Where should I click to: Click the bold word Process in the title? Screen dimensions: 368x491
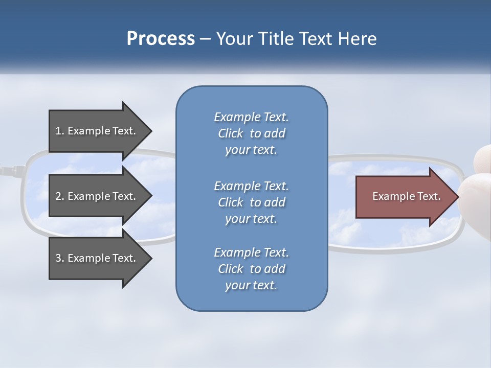click(x=161, y=39)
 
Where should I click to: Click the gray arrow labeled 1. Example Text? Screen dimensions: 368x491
click(x=97, y=131)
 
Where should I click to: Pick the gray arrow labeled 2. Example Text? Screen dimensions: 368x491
click(x=97, y=196)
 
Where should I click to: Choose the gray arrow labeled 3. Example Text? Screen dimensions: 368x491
click(x=97, y=258)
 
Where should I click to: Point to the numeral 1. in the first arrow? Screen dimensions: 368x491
click(x=59, y=131)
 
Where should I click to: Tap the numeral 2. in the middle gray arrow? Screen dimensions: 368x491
click(x=59, y=196)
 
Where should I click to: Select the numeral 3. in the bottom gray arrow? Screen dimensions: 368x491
click(x=59, y=258)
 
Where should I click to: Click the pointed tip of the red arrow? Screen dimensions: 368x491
click(x=457, y=196)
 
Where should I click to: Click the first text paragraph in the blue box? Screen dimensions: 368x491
click(x=251, y=133)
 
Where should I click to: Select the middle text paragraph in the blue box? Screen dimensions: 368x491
click(x=251, y=202)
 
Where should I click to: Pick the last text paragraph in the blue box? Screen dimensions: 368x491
click(x=251, y=269)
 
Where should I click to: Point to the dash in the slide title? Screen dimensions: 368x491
click(x=206, y=39)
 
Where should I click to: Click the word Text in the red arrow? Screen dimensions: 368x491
click(x=430, y=196)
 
